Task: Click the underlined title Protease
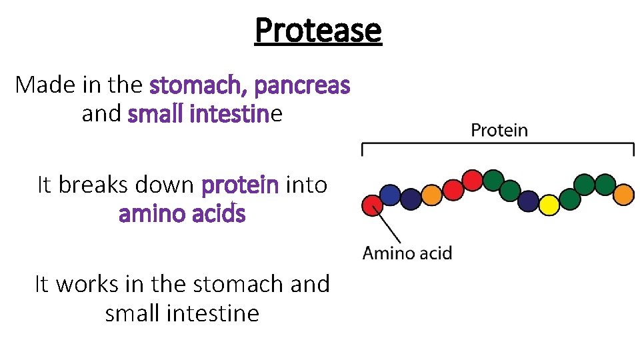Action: click(318, 30)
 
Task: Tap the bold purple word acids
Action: click(220, 215)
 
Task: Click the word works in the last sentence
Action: click(85, 284)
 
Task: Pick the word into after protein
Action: click(306, 184)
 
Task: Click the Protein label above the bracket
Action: click(499, 131)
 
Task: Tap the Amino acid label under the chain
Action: click(407, 253)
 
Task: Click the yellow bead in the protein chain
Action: click(549, 205)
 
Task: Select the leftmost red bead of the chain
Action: click(371, 205)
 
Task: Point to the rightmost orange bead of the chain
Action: click(623, 195)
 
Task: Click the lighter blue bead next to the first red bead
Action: click(391, 195)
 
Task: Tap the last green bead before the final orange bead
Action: click(604, 184)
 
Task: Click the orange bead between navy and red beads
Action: click(433, 195)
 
